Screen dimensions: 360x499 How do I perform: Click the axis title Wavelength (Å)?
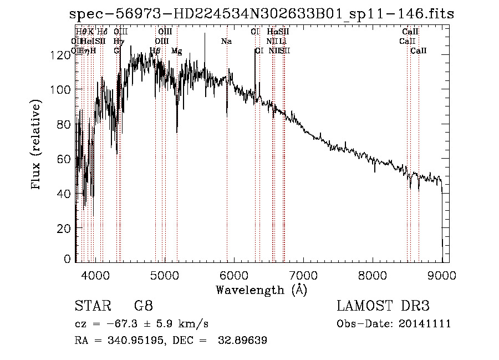point(261,290)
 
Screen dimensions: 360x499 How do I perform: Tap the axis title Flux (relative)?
point(37,145)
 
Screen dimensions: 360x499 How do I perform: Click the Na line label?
point(226,41)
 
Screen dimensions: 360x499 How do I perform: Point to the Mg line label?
point(176,51)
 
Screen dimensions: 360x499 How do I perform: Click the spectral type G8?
point(143,306)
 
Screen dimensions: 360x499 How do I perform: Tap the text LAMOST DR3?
point(383,306)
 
